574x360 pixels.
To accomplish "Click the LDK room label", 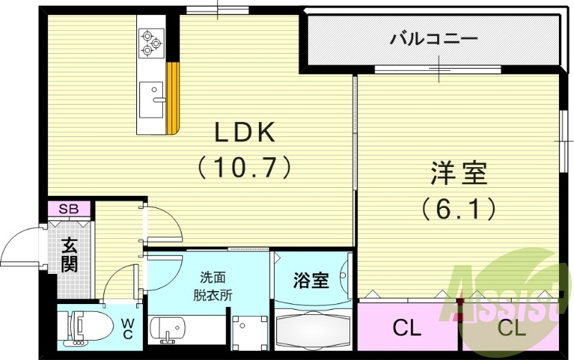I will (244, 133).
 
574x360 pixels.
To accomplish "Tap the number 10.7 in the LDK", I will (244, 167).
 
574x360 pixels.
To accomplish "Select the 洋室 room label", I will (459, 174).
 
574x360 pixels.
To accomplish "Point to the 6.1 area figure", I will (459, 209).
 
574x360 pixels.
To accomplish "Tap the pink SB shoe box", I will (69, 209).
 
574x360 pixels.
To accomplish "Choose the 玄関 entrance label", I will (69, 255).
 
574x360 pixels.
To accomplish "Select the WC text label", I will (127, 328).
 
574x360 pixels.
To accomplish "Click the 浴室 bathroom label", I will (311, 280).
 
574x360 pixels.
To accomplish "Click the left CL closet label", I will (407, 329).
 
